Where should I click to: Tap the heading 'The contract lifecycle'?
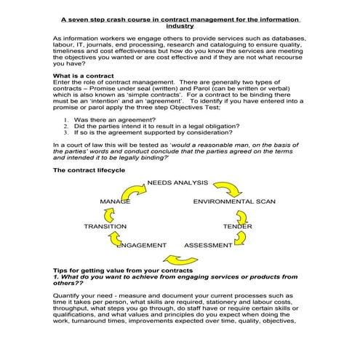[89, 169]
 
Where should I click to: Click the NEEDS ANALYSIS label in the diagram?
[177, 182]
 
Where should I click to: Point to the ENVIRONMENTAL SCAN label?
[234, 201]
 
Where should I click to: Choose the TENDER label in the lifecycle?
[238, 227]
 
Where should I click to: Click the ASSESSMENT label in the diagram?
[208, 245]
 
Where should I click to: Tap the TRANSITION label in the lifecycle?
[105, 227]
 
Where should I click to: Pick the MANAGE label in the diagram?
[115, 201]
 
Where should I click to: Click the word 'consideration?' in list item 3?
[212, 133]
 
